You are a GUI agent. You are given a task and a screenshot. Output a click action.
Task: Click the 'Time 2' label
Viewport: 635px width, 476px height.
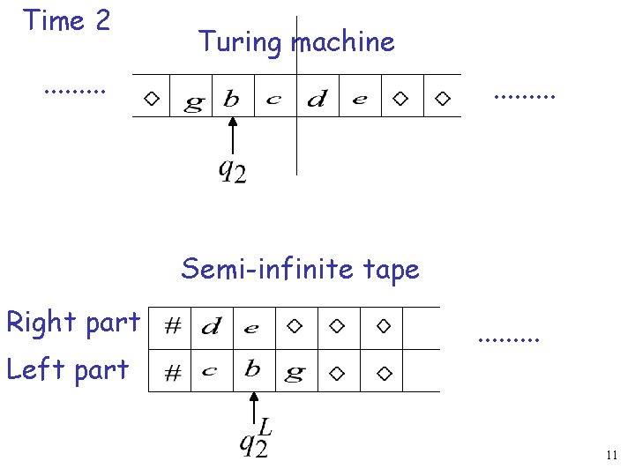pyautogui.click(x=67, y=20)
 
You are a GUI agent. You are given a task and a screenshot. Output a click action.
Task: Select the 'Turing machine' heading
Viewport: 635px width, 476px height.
pyautogui.click(x=296, y=41)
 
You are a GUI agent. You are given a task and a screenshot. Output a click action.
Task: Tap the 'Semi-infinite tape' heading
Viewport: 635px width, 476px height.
pyautogui.click(x=300, y=268)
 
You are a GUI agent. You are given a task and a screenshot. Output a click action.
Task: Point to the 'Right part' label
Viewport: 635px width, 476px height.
pyautogui.click(x=73, y=323)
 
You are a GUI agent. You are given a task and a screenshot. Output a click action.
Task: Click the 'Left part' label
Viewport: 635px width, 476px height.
pyautogui.click(x=68, y=369)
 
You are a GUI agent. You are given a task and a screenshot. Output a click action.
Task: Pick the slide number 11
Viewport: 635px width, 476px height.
pyautogui.click(x=611, y=456)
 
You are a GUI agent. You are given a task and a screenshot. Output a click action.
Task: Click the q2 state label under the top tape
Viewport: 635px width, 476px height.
pyautogui.click(x=232, y=169)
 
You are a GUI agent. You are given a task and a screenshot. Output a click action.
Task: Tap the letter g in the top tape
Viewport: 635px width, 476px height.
pyautogui.click(x=193, y=101)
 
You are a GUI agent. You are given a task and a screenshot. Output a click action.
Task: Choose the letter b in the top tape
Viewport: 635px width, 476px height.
pyautogui.click(x=231, y=99)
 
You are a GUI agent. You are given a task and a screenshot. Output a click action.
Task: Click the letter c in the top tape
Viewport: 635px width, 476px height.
pyautogui.click(x=273, y=100)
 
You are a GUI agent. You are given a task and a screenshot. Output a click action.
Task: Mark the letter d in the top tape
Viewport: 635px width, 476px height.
pyautogui.click(x=316, y=100)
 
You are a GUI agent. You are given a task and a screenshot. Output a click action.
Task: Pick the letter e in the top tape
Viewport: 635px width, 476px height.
pyautogui.click(x=359, y=100)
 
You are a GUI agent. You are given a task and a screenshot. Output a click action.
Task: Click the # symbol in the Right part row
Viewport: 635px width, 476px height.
pyautogui.click(x=174, y=327)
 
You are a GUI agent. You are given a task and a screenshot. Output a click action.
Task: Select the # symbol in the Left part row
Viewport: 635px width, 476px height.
pyautogui.click(x=174, y=374)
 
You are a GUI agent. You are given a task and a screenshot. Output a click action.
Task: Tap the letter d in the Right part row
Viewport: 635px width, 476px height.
pyautogui.click(x=211, y=328)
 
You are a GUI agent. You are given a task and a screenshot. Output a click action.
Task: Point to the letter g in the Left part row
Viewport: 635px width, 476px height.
pyautogui.click(x=294, y=374)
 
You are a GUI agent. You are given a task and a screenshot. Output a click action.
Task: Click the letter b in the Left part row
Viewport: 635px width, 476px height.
pyautogui.click(x=252, y=369)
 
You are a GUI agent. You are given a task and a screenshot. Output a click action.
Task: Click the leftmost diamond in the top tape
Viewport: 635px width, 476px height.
pyautogui.click(x=152, y=99)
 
